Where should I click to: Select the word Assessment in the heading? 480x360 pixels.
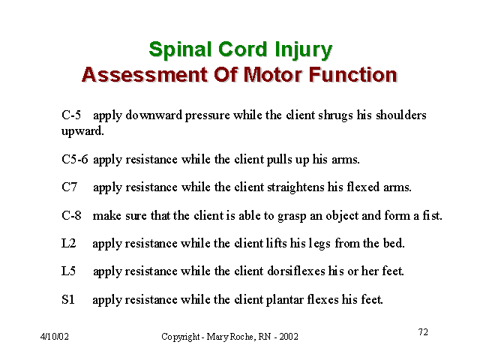coord(145,75)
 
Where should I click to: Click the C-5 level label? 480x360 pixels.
coord(71,115)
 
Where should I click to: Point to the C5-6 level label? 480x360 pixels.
coord(75,159)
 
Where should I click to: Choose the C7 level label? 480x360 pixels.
coord(70,187)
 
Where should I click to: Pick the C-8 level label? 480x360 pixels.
coord(72,215)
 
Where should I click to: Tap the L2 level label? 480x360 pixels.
coord(68,243)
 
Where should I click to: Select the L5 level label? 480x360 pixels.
coord(68,271)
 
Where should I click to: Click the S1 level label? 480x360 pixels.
coord(68,299)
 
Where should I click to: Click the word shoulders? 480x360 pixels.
coord(401,115)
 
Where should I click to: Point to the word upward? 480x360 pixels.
coord(82,132)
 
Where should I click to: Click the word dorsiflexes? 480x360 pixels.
coord(296,271)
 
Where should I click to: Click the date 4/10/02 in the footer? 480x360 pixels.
coord(55,337)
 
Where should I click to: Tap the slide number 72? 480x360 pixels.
coord(423,331)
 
